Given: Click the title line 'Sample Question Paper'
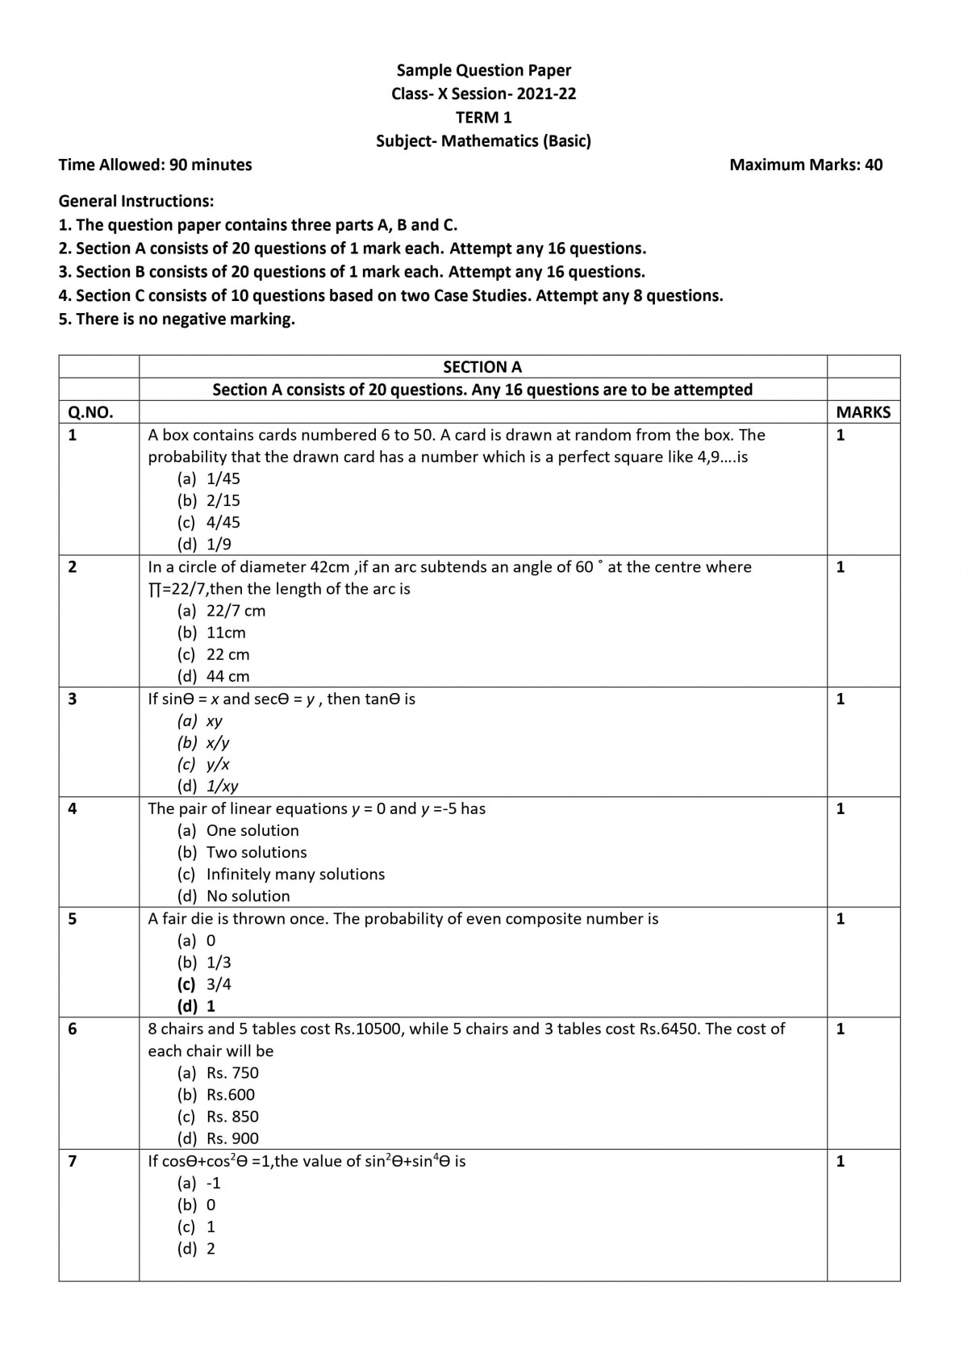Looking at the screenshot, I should pyautogui.click(x=483, y=70).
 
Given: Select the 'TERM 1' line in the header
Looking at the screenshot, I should pyautogui.click(x=483, y=117).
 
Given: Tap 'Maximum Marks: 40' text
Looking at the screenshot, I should pyautogui.click(x=805, y=165).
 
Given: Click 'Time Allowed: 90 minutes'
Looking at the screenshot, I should pyautogui.click(x=155, y=165).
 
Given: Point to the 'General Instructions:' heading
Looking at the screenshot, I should pyautogui.click(x=136, y=201).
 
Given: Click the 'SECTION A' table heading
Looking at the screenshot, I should pyautogui.click(x=482, y=367).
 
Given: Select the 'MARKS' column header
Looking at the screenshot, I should pyautogui.click(x=863, y=412).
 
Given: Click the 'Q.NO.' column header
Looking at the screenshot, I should pyautogui.click(x=90, y=412).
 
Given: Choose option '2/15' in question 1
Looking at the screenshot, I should pyautogui.click(x=223, y=500).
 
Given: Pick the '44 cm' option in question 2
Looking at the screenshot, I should pyautogui.click(x=227, y=676).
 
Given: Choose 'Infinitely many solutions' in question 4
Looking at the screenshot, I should pyautogui.click(x=295, y=874).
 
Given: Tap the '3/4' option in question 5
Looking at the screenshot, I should pyautogui.click(x=219, y=984).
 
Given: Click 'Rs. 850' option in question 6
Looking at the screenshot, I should pyautogui.click(x=232, y=1117).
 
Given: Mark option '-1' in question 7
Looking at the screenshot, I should pyautogui.click(x=214, y=1183).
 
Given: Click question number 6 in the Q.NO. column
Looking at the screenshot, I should pyautogui.click(x=73, y=1029).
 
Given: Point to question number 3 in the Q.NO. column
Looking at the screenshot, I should pyautogui.click(x=73, y=699).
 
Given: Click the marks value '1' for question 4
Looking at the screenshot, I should pyautogui.click(x=841, y=808).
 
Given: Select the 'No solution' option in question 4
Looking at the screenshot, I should pyautogui.click(x=248, y=896).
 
